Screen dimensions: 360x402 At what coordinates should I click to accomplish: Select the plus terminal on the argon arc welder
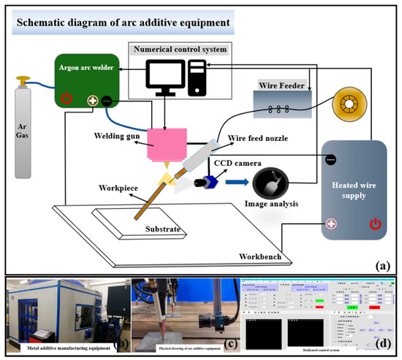pyautogui.click(x=94, y=102)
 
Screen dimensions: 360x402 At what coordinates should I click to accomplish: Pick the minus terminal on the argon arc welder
pyautogui.click(x=107, y=102)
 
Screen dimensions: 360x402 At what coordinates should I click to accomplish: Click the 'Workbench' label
pyautogui.click(x=262, y=257)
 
